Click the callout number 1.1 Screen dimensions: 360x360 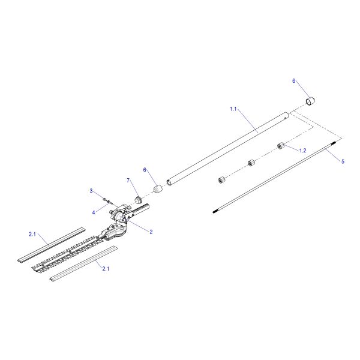[x=234, y=109]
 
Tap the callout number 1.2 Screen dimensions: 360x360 [x=303, y=150]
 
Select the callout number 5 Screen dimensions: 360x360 [x=343, y=161]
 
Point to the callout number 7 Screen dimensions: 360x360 [x=128, y=180]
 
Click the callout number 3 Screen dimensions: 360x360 [x=92, y=191]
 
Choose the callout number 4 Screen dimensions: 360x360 [x=94, y=212]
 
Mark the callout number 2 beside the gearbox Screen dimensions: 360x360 [x=151, y=232]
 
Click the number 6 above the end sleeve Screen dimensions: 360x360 [x=294, y=80]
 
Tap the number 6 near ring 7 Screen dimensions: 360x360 [x=144, y=170]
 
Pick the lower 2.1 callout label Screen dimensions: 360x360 [x=106, y=268]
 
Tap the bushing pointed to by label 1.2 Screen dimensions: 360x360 [x=280, y=146]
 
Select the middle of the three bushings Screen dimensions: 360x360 [x=251, y=163]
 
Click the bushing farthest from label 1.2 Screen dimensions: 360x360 [x=221, y=179]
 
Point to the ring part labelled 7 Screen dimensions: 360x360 [x=137, y=199]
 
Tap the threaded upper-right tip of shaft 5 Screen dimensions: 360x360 [x=337, y=141]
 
